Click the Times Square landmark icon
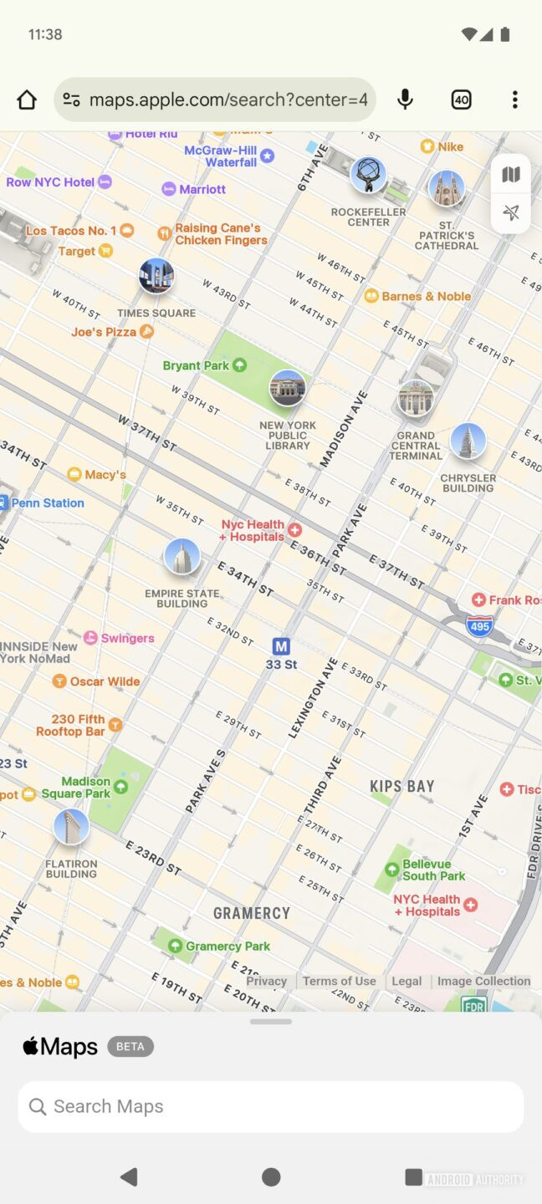tap(156, 277)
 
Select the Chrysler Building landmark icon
tap(468, 442)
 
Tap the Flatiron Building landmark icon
tap(71, 827)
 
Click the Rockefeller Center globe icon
tap(368, 175)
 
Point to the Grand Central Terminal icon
tap(416, 399)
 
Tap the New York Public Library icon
tap(287, 389)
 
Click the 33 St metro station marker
tap(281, 646)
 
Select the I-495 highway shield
tap(479, 625)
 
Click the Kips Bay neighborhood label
tap(402, 786)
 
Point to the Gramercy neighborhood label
tap(251, 913)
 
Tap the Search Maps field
tap(271, 1106)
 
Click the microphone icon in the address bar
tap(405, 100)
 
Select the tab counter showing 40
tap(461, 100)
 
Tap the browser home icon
tap(27, 100)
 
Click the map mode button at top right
tap(511, 175)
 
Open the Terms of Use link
tap(339, 981)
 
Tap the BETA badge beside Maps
tap(130, 1046)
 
